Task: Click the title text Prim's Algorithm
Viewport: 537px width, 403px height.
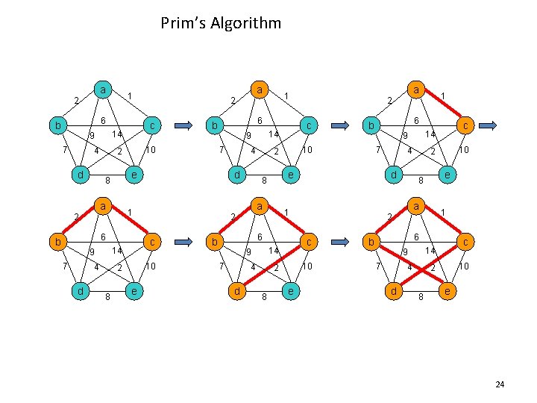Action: pos(221,23)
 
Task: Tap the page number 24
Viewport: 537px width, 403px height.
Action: pos(500,384)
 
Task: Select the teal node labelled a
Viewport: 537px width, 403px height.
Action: pos(104,90)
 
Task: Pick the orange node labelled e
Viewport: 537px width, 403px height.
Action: pos(447,290)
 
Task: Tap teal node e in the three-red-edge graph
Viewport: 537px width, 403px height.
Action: pos(289,290)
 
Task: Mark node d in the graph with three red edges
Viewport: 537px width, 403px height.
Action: pos(236,290)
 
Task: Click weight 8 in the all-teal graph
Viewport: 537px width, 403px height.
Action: pos(107,180)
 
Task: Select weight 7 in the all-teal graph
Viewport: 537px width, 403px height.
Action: pos(65,150)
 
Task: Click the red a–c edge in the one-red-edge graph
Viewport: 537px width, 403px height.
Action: pos(445,106)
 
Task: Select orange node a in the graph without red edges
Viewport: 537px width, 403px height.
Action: pos(260,90)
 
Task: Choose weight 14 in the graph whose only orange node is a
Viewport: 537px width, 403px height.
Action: pos(274,134)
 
